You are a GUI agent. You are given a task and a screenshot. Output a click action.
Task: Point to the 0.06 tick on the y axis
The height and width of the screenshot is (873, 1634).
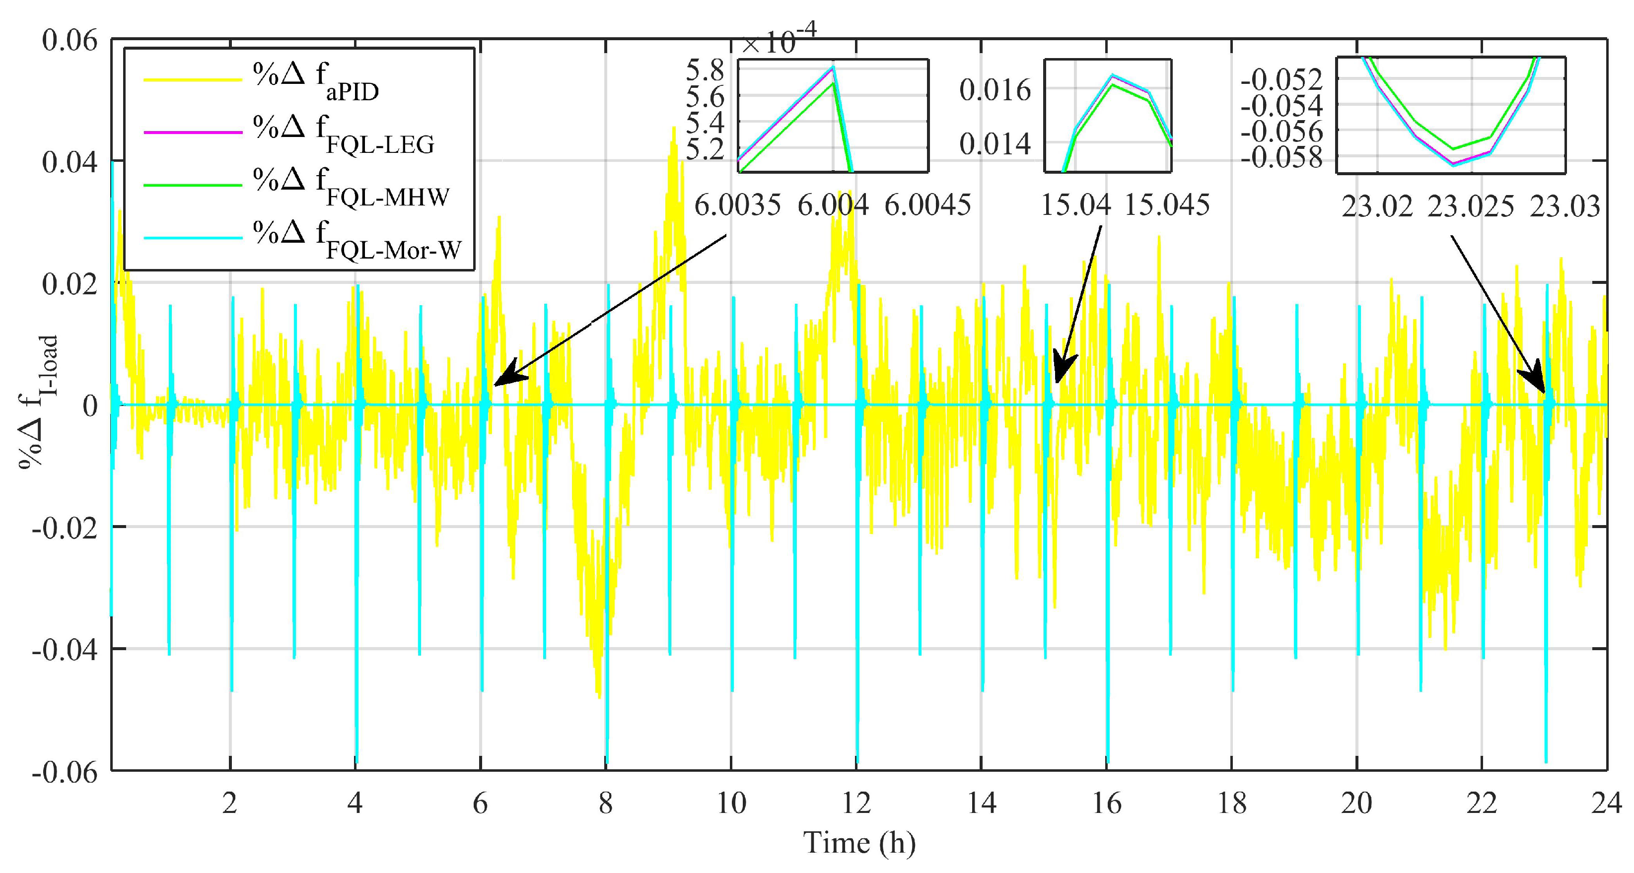click(70, 41)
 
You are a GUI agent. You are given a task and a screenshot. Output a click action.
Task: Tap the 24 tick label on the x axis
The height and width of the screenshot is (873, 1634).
click(1606, 803)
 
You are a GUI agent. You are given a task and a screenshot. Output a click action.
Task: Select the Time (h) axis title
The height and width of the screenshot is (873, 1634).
click(859, 843)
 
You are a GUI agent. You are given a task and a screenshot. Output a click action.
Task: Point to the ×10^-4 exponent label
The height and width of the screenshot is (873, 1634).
click(779, 39)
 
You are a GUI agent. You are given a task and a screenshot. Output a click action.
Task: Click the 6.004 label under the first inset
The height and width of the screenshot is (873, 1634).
click(832, 205)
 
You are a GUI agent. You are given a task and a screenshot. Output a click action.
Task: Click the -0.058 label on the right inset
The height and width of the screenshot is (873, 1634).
click(1281, 157)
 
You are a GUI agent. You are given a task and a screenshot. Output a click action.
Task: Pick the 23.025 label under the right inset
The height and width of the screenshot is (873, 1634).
click(1470, 206)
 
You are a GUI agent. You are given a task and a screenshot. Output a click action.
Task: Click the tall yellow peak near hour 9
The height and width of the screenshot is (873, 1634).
click(673, 131)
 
